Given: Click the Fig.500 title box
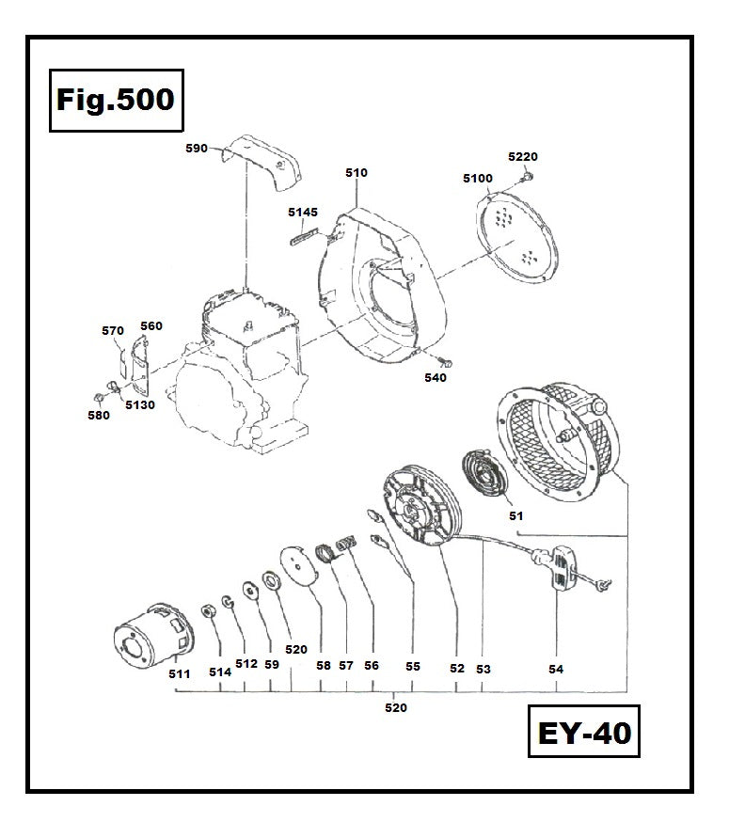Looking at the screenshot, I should [x=115, y=100].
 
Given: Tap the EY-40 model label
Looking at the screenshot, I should [x=583, y=733].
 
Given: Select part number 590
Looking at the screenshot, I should [x=197, y=149].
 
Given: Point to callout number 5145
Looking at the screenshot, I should [x=302, y=213].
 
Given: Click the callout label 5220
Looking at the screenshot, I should [x=523, y=157].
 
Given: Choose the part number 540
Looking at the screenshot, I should [x=436, y=378].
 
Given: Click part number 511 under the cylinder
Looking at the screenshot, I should [x=180, y=673].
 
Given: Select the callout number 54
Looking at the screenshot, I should [x=556, y=669].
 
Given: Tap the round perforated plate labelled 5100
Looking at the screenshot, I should [x=516, y=235].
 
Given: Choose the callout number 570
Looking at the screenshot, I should [x=112, y=330].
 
